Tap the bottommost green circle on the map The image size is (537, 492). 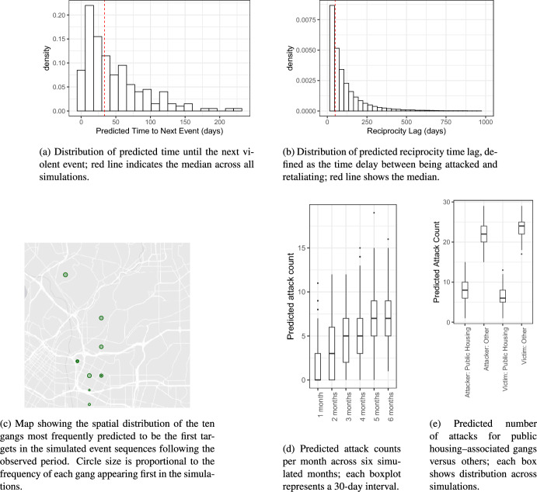[89, 404]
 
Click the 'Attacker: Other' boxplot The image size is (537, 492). [483, 234]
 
